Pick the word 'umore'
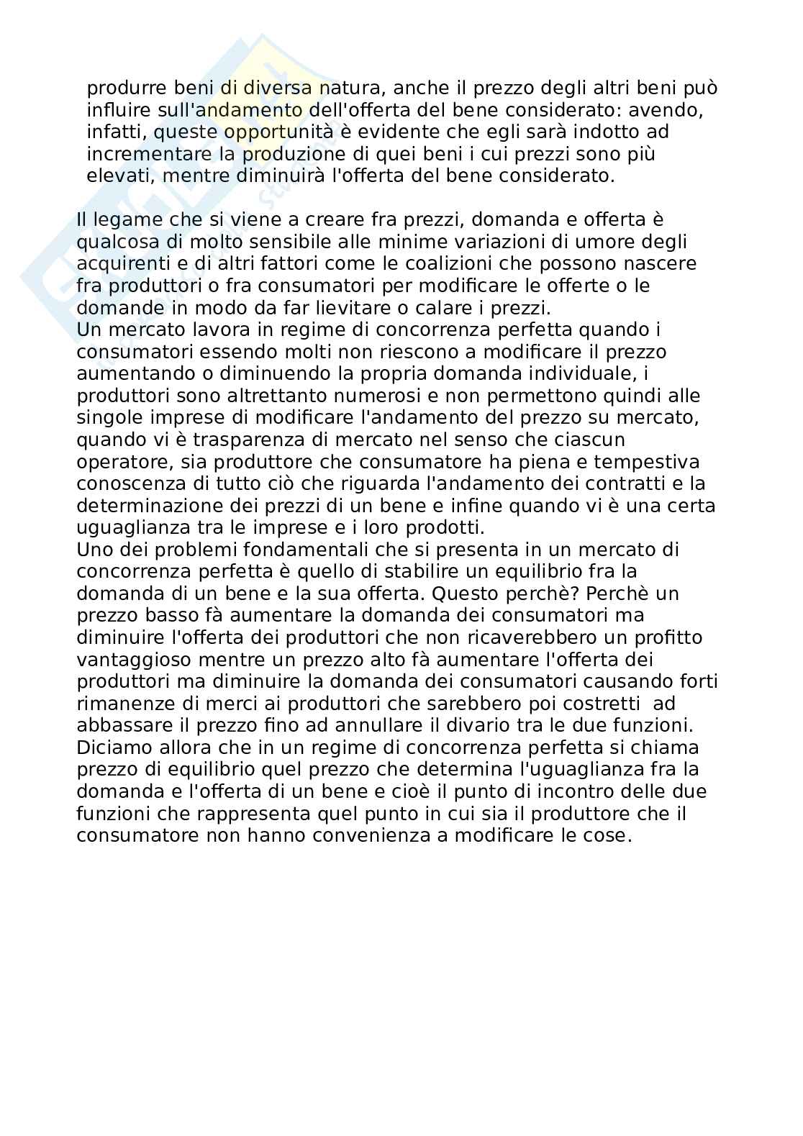[x=606, y=242]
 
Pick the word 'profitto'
[x=663, y=637]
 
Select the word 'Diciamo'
[x=116, y=748]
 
